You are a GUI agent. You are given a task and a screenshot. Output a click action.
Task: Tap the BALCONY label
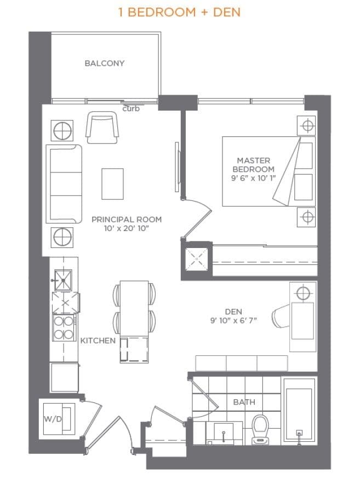(x=104, y=63)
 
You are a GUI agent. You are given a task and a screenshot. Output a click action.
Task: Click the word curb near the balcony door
(x=131, y=108)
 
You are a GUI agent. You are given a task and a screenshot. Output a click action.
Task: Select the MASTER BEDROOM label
(x=253, y=165)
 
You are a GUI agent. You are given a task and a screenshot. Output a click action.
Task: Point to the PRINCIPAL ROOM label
(x=127, y=219)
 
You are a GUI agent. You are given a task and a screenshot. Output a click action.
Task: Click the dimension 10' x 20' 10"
(x=127, y=228)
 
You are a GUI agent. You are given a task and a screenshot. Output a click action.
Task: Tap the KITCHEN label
(x=98, y=341)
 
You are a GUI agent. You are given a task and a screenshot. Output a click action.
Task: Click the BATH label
(x=244, y=402)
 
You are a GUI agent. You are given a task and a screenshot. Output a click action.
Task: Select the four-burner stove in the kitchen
(x=64, y=327)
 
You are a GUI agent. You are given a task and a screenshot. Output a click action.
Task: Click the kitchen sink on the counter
(x=64, y=281)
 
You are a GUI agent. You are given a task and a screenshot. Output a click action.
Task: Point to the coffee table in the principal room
(x=112, y=184)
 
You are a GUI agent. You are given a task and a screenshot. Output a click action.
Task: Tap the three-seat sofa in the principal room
(x=64, y=184)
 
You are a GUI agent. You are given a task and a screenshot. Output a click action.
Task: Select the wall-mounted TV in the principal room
(x=177, y=168)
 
